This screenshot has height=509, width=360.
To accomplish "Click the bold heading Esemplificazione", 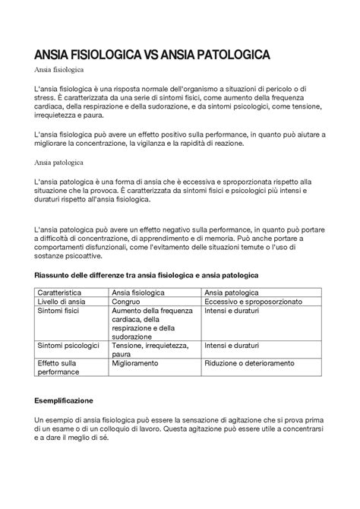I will click(x=64, y=399).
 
